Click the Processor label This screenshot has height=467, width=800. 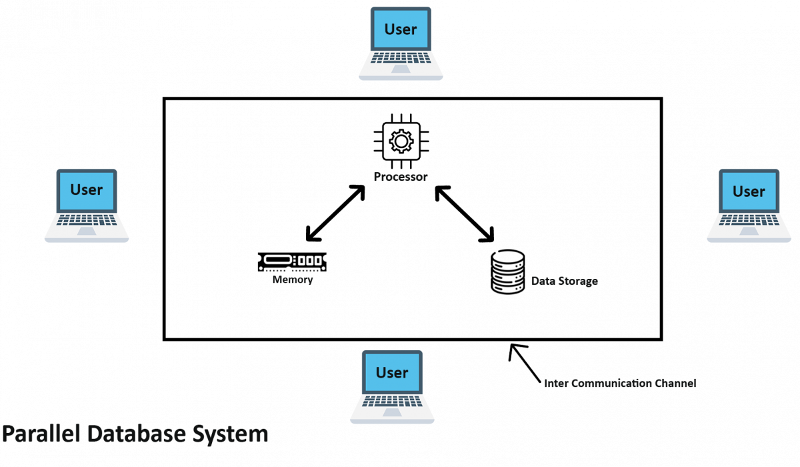[400, 177]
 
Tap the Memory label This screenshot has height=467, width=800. [293, 280]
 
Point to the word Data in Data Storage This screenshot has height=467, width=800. [543, 282]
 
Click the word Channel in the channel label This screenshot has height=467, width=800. [675, 384]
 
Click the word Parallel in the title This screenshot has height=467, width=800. [41, 434]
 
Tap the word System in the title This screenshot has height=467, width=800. [231, 434]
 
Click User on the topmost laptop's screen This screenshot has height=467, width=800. [401, 29]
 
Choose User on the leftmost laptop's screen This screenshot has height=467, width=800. [87, 189]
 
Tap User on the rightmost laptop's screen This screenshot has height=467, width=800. [749, 191]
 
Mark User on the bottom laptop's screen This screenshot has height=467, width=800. [392, 373]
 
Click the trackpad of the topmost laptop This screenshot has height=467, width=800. [401, 69]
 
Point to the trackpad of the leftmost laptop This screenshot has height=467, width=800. [87, 231]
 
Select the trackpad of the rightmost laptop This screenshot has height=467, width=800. [749, 231]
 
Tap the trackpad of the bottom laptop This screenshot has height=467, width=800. [392, 412]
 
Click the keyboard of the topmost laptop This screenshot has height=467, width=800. [401, 58]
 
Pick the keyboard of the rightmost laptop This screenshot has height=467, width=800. [749, 220]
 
